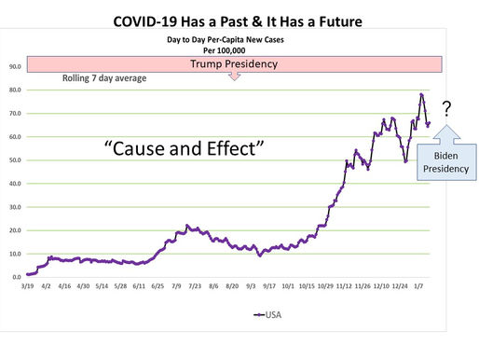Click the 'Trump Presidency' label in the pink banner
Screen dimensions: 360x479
(234, 64)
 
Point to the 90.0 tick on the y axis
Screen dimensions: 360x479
(15, 67)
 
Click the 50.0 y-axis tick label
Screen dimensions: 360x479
(15, 160)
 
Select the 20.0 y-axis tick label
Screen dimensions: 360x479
(15, 230)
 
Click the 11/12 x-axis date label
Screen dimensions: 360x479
(344, 288)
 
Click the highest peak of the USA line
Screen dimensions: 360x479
(421, 94)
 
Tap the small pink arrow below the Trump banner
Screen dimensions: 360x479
(234, 77)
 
